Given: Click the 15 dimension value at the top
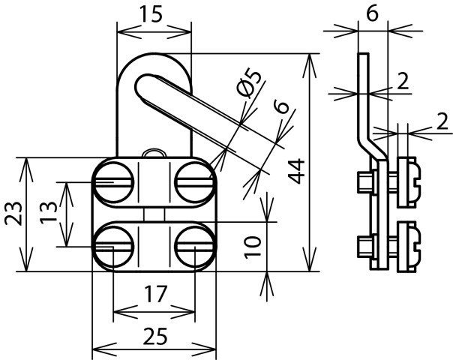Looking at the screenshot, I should tap(154, 16).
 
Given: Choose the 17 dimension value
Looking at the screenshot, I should tap(154, 295).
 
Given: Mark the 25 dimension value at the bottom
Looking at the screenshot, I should tap(154, 335).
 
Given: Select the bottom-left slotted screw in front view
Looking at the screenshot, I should tap(114, 244).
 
